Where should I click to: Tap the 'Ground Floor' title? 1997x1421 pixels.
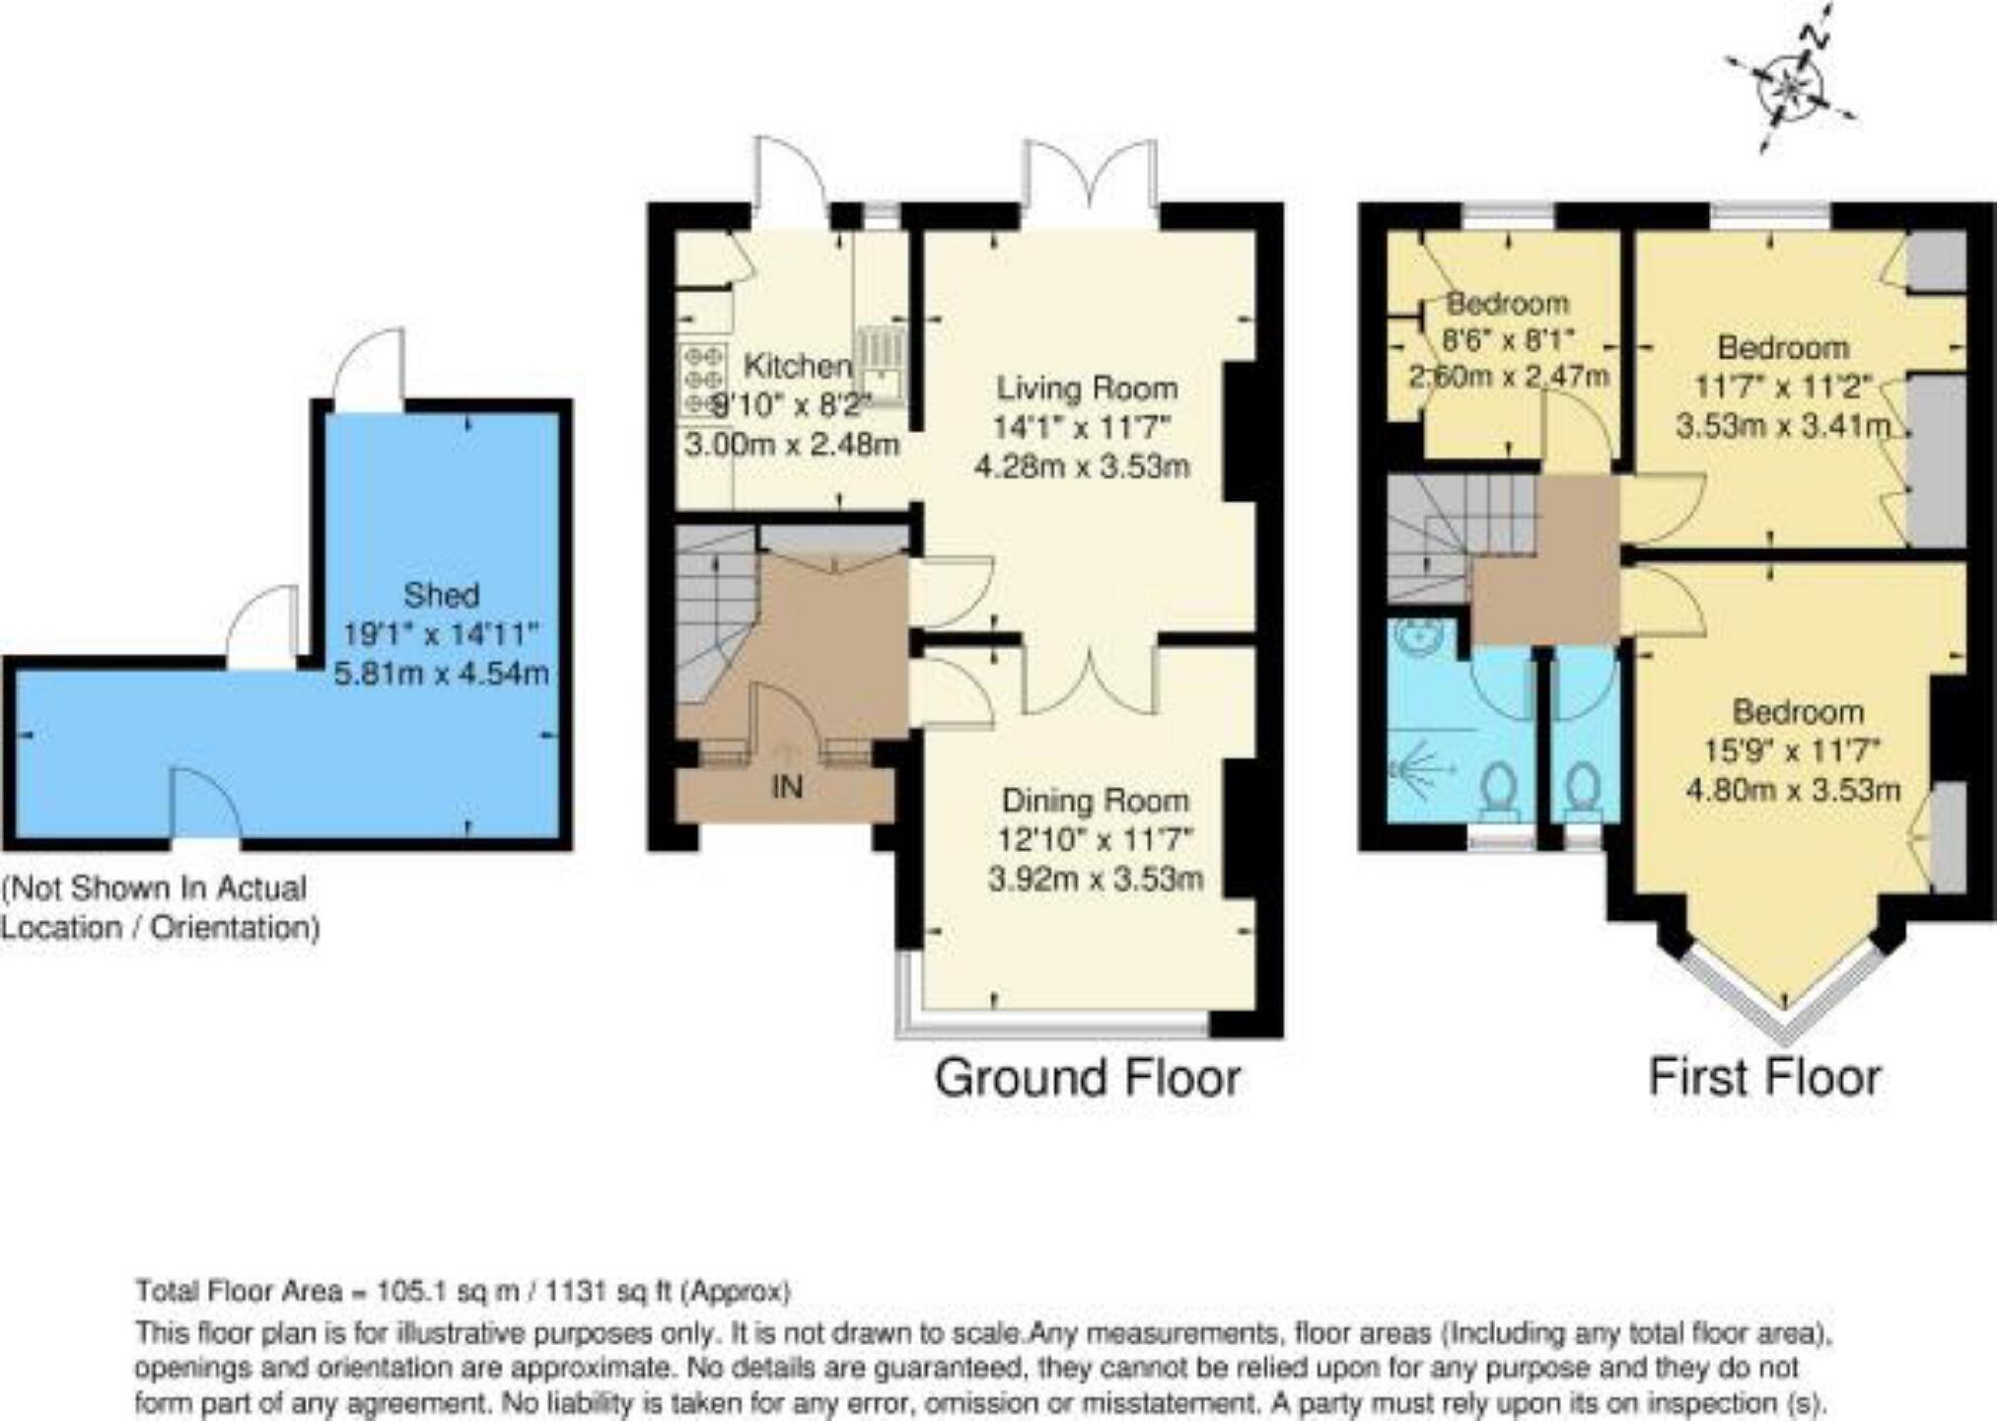tap(1087, 1077)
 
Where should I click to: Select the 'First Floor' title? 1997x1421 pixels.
tap(1764, 1077)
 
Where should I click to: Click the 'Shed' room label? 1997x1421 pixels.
tap(441, 595)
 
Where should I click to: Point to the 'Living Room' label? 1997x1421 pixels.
tap(1087, 388)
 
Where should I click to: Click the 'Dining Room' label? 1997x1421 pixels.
tap(1095, 800)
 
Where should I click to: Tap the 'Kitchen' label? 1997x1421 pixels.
tap(797, 366)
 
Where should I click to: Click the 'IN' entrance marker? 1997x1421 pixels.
tap(786, 787)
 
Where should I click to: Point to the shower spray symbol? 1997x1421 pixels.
tap(1417, 768)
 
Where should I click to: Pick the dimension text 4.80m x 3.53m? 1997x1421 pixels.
tap(1793, 790)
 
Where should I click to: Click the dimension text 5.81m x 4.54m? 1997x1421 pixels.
tap(441, 675)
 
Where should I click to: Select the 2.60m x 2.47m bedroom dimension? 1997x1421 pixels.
tap(1509, 376)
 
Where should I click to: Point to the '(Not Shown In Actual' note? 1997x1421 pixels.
tap(156, 888)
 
